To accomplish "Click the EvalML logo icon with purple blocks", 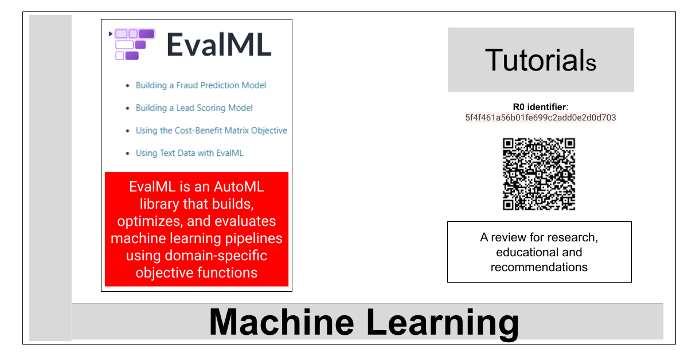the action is coord(132,44).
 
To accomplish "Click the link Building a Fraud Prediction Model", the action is coord(201,85).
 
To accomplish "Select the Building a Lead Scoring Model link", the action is coord(194,108).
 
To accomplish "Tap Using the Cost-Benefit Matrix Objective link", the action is coord(212,131).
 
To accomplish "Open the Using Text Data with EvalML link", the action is coord(190,153).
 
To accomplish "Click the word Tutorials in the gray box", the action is coord(541,60).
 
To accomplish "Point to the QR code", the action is coord(539,174).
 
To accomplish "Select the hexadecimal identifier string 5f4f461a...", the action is coord(541,118).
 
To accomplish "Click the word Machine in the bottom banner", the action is coord(282,322).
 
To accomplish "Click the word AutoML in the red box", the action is coord(239,187).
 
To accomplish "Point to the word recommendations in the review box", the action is coord(539,267).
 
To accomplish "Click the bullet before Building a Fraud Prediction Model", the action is coord(128,85).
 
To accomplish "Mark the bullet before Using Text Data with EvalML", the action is coord(128,154).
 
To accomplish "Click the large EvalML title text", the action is coord(219,45).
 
